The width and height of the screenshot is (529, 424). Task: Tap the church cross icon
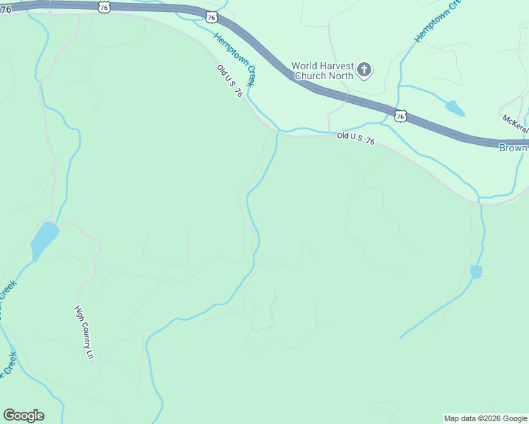tap(364, 69)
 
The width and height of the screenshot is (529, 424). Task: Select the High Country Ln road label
tap(85, 331)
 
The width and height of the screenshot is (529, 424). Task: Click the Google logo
tap(23, 416)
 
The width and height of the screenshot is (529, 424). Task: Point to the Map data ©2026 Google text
tap(486, 418)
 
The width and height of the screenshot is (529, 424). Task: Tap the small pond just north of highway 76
tap(455, 107)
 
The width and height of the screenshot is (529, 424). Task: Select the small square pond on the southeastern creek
tap(476, 271)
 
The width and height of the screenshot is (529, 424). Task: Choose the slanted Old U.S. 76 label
tap(231, 81)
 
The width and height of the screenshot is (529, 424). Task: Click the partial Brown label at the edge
tap(513, 148)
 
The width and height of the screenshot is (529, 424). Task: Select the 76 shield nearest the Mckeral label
tap(401, 115)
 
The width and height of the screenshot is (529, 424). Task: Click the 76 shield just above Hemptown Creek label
tap(211, 16)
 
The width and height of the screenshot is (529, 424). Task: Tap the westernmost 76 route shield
tap(104, 6)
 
